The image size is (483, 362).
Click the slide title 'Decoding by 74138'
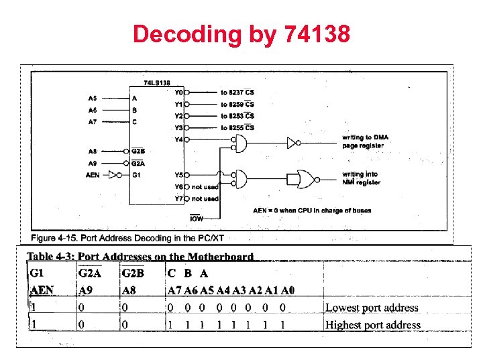[x=241, y=34]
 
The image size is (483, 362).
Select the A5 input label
[x=93, y=97]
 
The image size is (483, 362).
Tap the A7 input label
[x=93, y=121]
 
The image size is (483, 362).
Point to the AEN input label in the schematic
[x=93, y=176]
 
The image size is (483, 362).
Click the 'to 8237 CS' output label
[x=237, y=93]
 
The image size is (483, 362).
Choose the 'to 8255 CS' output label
[x=237, y=128]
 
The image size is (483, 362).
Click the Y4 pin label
[x=178, y=140]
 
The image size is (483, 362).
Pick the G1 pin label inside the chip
[x=136, y=176]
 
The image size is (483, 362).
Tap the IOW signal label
[x=197, y=219]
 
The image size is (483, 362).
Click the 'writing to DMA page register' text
[x=365, y=141]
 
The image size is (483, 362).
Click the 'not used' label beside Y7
[x=205, y=198]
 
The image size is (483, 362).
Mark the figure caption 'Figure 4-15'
[x=127, y=238]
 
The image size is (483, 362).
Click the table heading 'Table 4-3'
[x=140, y=257]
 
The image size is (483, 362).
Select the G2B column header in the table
[x=132, y=274]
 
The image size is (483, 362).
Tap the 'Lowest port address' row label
[x=372, y=308]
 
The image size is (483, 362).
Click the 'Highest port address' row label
[x=373, y=325]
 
